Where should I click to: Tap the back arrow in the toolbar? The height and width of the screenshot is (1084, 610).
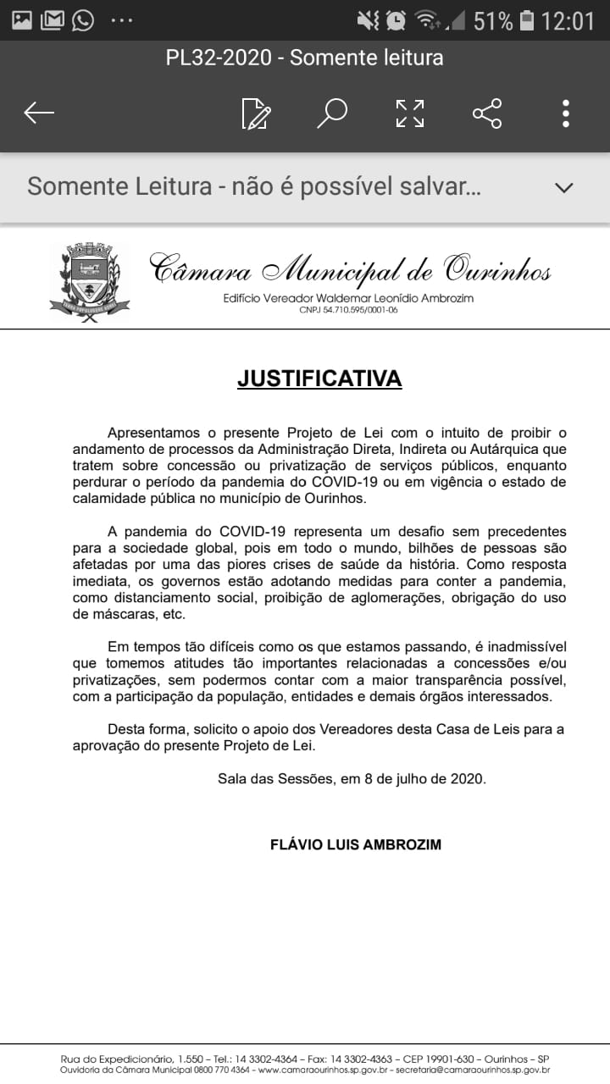point(39,113)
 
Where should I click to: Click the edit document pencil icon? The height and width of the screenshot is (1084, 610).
point(256,113)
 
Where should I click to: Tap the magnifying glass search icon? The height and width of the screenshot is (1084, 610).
point(332,113)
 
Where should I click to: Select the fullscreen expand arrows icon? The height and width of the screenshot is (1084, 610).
point(410,113)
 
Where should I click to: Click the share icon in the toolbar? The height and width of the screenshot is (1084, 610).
point(487,113)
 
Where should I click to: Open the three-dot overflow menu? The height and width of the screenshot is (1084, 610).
point(565,113)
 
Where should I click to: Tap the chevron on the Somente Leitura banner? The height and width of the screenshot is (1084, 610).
point(563,187)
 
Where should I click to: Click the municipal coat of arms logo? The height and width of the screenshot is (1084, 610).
point(89,281)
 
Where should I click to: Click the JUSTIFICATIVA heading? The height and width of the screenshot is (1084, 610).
point(319,379)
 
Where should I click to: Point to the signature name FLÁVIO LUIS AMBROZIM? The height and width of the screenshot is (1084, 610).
point(355,844)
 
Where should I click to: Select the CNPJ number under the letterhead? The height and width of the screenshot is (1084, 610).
point(348,310)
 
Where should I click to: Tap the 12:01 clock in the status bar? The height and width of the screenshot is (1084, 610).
point(568,20)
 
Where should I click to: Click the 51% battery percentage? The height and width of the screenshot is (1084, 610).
point(492,20)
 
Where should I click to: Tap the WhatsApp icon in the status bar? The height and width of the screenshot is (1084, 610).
point(83,19)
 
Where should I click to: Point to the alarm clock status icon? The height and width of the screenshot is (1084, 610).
point(395,19)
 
